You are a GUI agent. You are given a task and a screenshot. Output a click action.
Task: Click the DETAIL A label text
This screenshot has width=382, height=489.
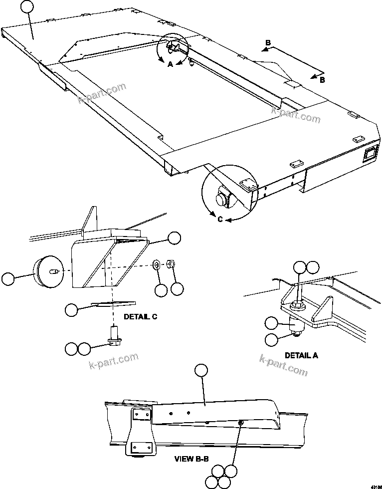pos(301,355)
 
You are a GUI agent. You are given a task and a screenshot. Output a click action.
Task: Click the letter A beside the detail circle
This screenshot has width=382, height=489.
pos(170,64)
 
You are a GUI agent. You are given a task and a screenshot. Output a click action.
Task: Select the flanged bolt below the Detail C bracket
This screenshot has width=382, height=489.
pos(115,333)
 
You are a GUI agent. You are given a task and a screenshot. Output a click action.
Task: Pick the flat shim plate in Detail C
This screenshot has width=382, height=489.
pos(114,303)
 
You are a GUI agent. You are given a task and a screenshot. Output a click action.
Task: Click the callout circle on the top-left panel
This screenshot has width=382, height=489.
pos(28,7)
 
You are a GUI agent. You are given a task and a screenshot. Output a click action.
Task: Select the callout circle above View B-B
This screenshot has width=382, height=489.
pos(201,370)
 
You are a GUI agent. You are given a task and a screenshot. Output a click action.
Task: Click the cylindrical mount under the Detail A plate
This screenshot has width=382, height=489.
pos(297,325)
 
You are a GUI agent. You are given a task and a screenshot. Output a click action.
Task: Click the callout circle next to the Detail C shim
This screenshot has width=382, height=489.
pos(71,310)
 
